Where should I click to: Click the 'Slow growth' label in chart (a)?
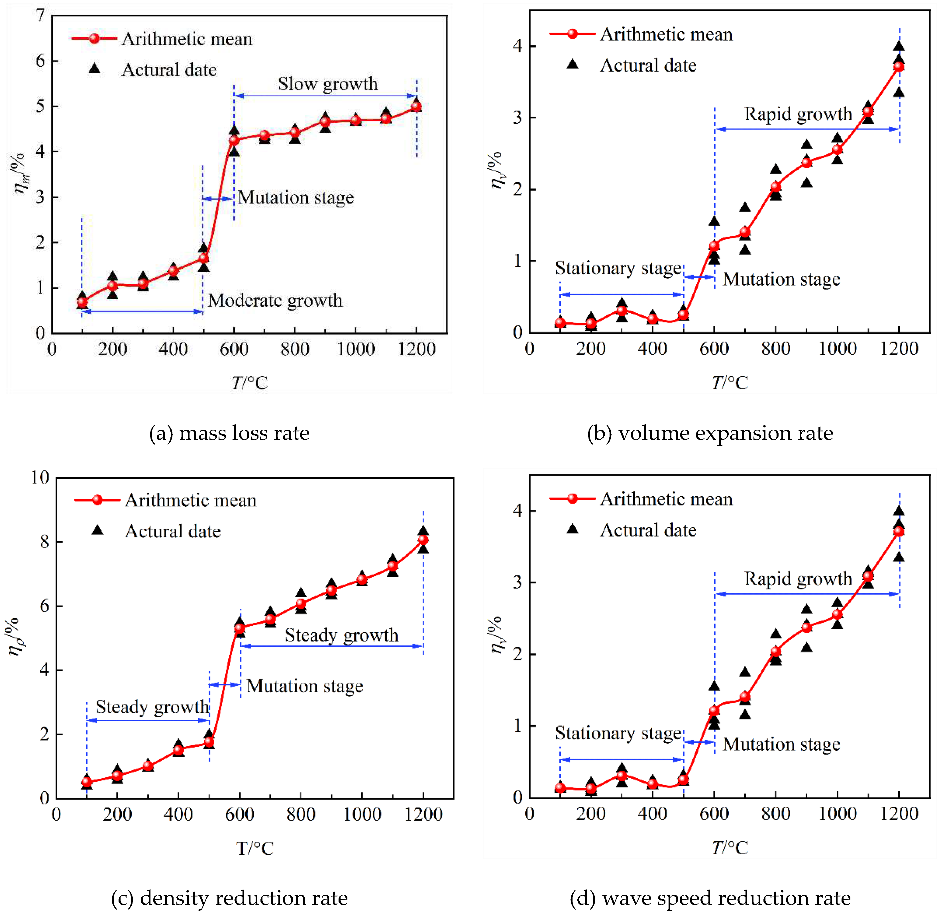coord(328,84)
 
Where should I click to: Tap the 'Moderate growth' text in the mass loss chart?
coord(275,301)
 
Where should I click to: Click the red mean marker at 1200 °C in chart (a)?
coord(416,106)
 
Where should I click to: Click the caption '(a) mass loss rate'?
coord(229,433)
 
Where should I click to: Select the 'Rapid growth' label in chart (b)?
coord(798,114)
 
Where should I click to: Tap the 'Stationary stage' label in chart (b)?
coord(618,268)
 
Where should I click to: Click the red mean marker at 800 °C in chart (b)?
coord(775,187)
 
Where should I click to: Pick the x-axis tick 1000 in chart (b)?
coord(837,349)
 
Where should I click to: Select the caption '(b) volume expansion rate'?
coord(710,433)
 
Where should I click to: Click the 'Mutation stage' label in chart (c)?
coord(304,686)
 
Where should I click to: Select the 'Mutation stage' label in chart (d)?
coord(781,744)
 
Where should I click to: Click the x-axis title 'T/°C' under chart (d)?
coord(730,848)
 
